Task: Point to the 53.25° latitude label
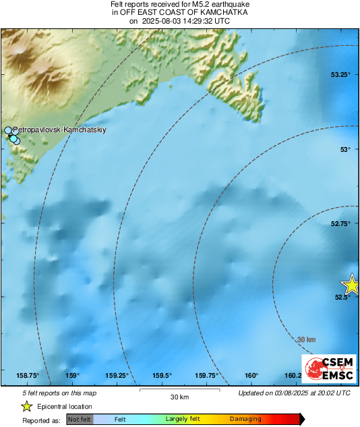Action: tap(340, 75)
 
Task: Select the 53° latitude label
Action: tap(344, 149)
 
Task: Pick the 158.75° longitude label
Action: tap(28, 376)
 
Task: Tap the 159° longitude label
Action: tap(73, 376)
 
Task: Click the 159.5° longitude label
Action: tap(162, 376)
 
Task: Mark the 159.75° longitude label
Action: tap(207, 376)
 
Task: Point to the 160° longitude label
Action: tap(251, 376)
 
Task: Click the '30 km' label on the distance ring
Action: tap(306, 339)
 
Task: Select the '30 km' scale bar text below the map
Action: tap(179, 397)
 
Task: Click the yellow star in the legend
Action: tap(26, 406)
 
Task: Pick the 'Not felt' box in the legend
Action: tap(80, 420)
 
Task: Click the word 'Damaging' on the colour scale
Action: tap(245, 420)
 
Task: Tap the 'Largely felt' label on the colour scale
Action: tap(183, 420)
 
